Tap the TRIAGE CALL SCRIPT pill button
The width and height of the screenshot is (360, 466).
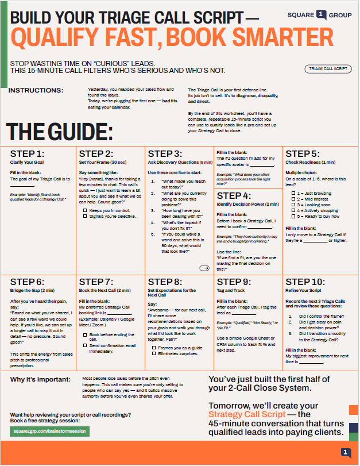[328, 69]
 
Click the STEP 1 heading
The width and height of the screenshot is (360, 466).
[27, 153]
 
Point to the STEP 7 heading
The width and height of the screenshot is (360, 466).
[96, 282]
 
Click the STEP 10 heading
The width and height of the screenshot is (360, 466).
[305, 282]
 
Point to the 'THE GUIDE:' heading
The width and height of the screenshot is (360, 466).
[59, 132]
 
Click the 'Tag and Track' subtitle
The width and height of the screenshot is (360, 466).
[231, 291]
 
